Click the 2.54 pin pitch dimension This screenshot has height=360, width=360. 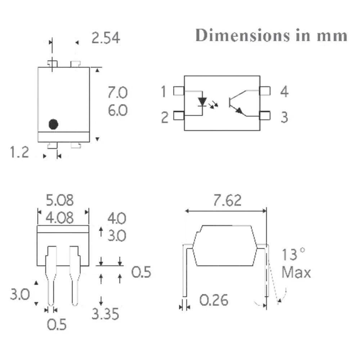point(105,38)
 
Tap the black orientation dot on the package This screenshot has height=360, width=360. point(54,124)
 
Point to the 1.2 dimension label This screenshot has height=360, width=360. point(19,152)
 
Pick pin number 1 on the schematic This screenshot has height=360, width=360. point(163,91)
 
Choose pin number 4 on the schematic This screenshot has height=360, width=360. point(284,91)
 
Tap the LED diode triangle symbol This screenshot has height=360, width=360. point(202,102)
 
